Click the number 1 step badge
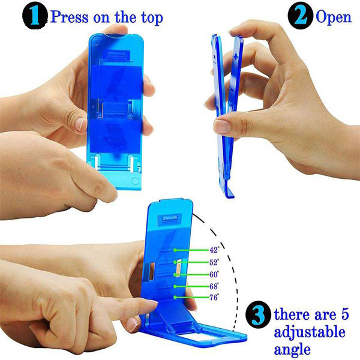[x=35, y=16]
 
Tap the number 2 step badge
[x=301, y=16]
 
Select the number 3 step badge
[x=258, y=314]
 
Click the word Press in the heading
[x=69, y=17]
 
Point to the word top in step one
[x=152, y=17]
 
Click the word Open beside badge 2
[x=334, y=17]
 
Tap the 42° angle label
[x=214, y=250]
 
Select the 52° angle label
[x=214, y=262]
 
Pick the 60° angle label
[x=214, y=274]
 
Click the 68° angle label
[x=214, y=286]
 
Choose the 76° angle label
[x=214, y=298]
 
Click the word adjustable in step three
[x=310, y=332]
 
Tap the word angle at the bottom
[x=292, y=350]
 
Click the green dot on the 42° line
[x=175, y=250]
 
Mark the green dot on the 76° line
[x=175, y=298]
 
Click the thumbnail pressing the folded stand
[x=81, y=124]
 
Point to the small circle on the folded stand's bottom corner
[x=136, y=181]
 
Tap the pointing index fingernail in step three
[x=133, y=324]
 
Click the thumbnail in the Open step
[x=222, y=127]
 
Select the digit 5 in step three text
[x=344, y=314]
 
